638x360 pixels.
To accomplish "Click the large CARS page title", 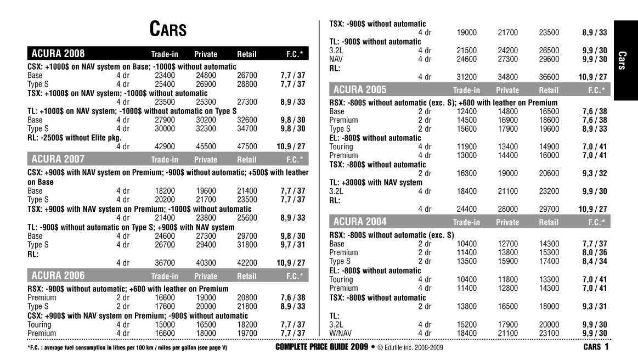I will click(x=168, y=30).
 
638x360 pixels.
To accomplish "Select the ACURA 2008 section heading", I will click(x=58, y=54).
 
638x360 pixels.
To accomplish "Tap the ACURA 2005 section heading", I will click(x=360, y=89).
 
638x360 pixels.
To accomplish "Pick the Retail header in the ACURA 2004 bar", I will click(x=549, y=222).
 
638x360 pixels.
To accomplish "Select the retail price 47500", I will click(x=247, y=147).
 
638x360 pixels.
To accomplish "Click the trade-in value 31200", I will click(x=466, y=77).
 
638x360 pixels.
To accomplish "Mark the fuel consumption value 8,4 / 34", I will click(x=595, y=262).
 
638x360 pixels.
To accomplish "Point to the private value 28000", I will click(x=508, y=209).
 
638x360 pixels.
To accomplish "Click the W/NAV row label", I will click(x=339, y=333).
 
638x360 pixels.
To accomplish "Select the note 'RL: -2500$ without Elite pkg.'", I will click(x=75, y=138).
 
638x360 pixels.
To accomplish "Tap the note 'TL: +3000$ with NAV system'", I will click(x=376, y=182).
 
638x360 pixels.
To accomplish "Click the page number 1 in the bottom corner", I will click(x=607, y=347).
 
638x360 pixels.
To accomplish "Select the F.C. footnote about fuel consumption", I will click(x=127, y=348).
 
